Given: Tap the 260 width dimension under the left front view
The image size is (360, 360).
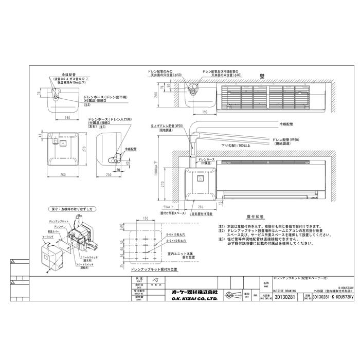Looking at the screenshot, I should pyautogui.click(x=63, y=175).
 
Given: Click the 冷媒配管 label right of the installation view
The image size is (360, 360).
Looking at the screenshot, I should pyautogui.click(x=286, y=124).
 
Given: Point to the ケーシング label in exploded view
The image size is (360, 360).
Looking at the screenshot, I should pyautogui.click(x=46, y=238).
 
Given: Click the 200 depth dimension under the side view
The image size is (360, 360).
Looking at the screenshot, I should pyautogui.click(x=109, y=175).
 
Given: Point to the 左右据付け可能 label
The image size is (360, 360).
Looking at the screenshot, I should pyautogui.click(x=202, y=213).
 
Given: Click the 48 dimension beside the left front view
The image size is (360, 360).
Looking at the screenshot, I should pyautogui.click(x=41, y=136).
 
